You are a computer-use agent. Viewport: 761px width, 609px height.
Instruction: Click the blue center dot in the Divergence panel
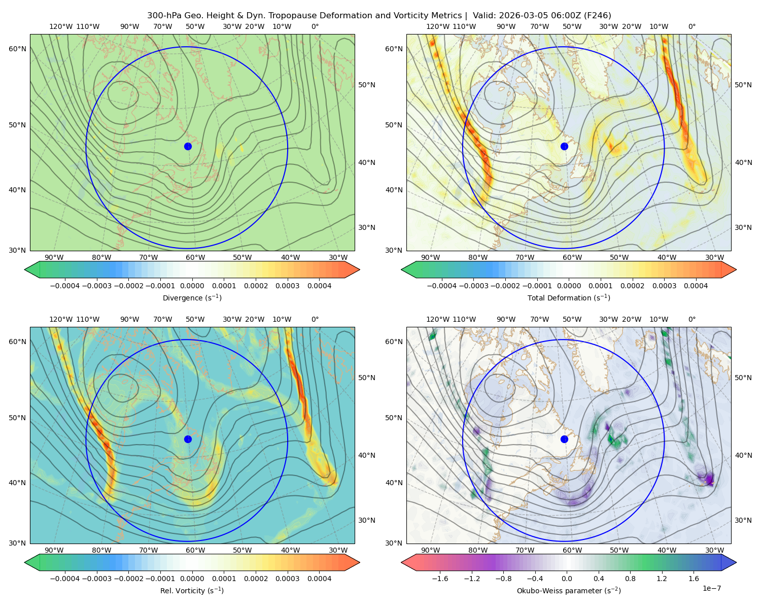(188, 147)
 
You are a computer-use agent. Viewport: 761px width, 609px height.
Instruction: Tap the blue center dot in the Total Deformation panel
(564, 147)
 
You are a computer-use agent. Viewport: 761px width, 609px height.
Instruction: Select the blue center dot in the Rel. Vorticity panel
(188, 439)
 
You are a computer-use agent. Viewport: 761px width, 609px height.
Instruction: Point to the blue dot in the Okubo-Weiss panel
(564, 439)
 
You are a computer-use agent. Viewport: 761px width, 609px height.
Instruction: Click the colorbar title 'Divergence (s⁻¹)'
(192, 297)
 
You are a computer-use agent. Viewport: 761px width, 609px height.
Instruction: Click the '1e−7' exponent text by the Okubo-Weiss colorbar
(711, 588)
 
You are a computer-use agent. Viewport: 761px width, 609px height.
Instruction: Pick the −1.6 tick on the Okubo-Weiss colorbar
(440, 579)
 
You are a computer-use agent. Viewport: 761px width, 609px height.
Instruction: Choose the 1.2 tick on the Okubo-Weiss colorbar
(662, 579)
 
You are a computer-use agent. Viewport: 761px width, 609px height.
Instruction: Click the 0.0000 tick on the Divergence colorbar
(192, 286)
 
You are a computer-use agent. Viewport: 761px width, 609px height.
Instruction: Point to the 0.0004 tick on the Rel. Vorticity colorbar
(319, 579)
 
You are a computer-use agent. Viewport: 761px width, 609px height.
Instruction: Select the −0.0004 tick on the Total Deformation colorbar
(442, 286)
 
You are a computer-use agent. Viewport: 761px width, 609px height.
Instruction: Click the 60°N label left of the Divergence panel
(17, 49)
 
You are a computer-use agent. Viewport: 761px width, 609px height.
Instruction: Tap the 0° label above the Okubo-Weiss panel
(691, 319)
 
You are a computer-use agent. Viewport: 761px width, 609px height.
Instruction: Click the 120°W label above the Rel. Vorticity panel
(61, 319)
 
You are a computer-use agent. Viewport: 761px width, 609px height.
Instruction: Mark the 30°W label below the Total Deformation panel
(714, 257)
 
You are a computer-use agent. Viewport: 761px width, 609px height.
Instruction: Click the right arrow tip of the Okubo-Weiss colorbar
(736, 562)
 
